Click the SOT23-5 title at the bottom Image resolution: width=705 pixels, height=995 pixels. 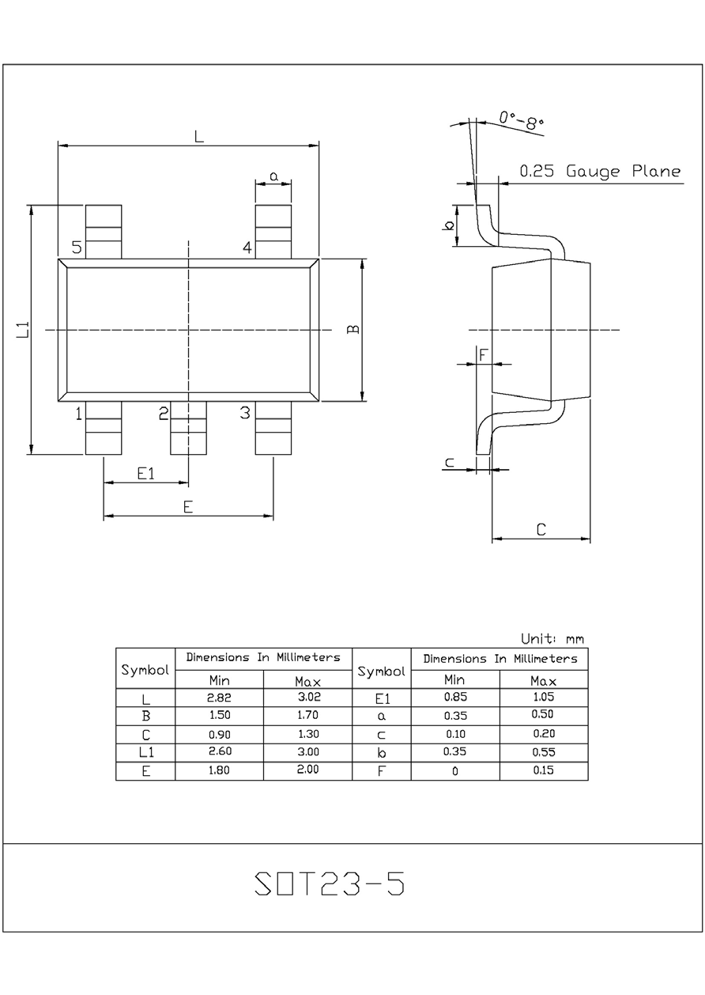pos(330,885)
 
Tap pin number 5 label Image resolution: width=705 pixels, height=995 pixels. pos(77,248)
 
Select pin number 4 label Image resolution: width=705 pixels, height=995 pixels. pos(247,248)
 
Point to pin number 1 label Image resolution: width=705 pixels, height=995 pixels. pos(79,413)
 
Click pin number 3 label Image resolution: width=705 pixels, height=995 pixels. pos(245,412)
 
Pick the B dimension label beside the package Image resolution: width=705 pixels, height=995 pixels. pos(353,329)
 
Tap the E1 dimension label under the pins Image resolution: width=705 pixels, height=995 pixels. pos(145,474)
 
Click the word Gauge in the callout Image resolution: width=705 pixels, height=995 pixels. pos(594,172)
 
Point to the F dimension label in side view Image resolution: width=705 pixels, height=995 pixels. pos(484,355)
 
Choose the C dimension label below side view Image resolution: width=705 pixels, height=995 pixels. pos(541,530)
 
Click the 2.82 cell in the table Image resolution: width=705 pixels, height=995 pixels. pos(218,698)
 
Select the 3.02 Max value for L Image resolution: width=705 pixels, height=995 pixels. pos(307,698)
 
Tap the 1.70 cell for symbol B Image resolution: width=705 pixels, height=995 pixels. pos(307,716)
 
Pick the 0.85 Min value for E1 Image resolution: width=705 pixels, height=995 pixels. pos(454,698)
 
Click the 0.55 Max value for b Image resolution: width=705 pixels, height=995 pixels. pos(544,752)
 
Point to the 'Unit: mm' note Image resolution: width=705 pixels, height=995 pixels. pos(552,639)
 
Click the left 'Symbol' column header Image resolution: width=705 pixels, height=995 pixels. pos(145,669)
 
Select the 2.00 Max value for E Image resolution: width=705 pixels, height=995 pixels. pos(307,770)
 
